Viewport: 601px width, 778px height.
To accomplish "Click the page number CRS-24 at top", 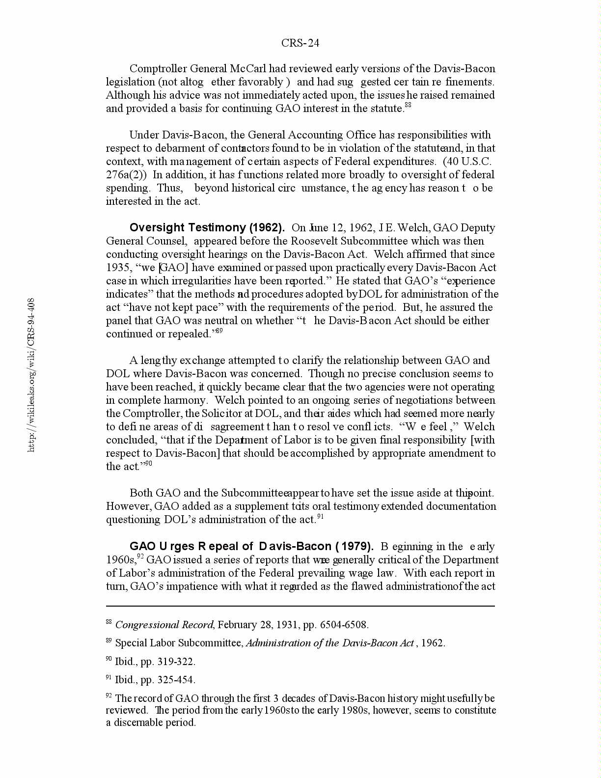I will pyautogui.click(x=300, y=43).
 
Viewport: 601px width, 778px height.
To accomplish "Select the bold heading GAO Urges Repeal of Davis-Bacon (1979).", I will pyautogui.click(x=251, y=547).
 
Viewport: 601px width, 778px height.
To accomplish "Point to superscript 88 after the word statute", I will pyautogui.click(x=408, y=105).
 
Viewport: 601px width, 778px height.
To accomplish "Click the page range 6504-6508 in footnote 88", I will pyautogui.click(x=343, y=625).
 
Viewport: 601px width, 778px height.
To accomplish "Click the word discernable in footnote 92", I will pyautogui.click(x=141, y=722).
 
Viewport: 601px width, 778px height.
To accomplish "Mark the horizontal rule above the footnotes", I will pyautogui.click(x=300, y=606).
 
